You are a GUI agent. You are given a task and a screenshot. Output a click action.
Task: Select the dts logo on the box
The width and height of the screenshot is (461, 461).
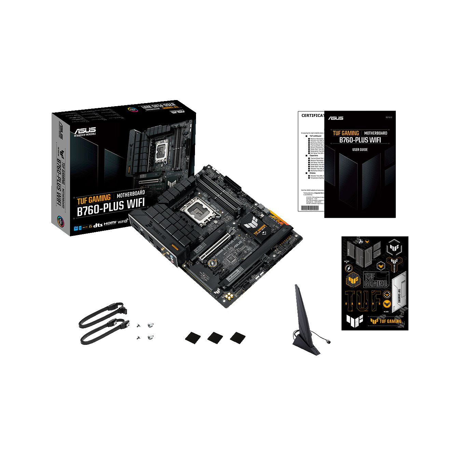pyautogui.click(x=98, y=225)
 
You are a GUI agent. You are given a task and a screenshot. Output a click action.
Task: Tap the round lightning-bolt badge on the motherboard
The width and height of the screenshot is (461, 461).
pyautogui.click(x=213, y=263)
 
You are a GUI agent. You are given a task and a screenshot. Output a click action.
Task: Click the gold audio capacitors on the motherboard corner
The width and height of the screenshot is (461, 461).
pyautogui.click(x=228, y=296)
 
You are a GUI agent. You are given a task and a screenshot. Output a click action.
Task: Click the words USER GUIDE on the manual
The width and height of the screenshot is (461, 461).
pyautogui.click(x=360, y=150)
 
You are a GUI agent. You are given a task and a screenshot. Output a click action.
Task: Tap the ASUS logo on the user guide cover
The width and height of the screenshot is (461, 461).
pyautogui.click(x=336, y=118)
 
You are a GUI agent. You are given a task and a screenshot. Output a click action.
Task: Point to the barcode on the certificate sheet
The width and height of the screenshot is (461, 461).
pyautogui.click(x=310, y=208)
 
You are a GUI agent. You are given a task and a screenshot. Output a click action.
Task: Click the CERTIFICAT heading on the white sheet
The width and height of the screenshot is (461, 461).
pyautogui.click(x=312, y=116)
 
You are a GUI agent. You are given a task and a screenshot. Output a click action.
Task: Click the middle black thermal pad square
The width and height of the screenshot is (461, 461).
pyautogui.click(x=215, y=338)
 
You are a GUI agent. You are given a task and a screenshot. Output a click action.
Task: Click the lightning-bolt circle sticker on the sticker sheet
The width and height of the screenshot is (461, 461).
pyautogui.click(x=348, y=268)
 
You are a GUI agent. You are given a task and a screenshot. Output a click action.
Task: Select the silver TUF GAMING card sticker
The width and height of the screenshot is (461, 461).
pyautogui.click(x=399, y=292)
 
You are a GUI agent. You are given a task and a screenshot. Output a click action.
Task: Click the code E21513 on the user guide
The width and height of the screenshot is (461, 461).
pyautogui.click(x=389, y=117)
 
